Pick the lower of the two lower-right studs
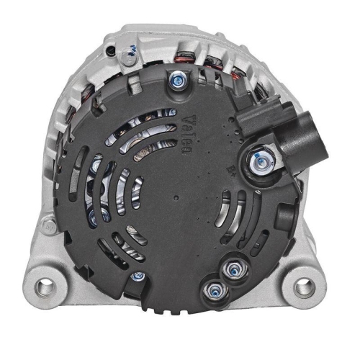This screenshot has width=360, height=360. point(214,289)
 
